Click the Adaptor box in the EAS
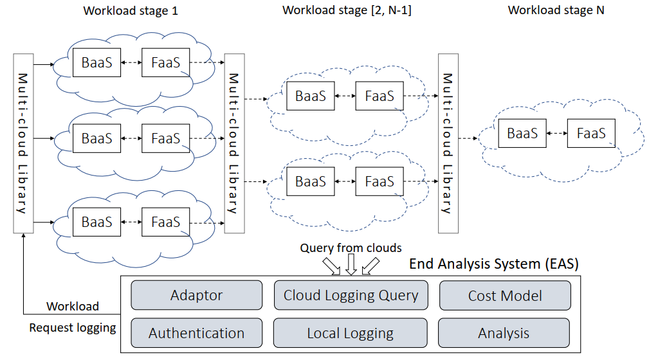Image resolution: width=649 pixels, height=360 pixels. (196, 296)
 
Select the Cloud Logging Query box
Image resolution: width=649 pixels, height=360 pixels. (351, 296)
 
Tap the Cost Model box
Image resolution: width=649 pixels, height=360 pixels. (505, 296)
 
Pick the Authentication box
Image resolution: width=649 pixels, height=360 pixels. (196, 333)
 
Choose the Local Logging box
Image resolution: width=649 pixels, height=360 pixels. (351, 333)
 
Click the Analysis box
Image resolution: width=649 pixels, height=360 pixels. (504, 333)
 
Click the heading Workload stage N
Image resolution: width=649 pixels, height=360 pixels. (556, 11)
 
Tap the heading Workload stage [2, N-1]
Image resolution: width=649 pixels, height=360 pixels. (346, 11)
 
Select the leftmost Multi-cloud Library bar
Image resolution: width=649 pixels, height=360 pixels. (23, 143)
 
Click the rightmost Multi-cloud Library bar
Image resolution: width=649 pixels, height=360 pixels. (448, 143)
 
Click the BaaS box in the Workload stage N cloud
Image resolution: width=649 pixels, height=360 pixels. (522, 134)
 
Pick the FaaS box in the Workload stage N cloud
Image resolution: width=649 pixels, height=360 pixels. (591, 134)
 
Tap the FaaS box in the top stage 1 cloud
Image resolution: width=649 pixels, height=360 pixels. (165, 63)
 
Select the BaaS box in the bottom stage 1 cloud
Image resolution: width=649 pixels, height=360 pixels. (96, 222)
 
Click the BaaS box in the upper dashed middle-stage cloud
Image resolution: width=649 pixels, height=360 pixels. (310, 96)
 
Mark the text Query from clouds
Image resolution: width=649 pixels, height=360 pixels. (351, 248)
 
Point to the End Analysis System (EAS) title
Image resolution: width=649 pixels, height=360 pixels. (494, 264)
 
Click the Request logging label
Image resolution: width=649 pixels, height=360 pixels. (73, 328)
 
